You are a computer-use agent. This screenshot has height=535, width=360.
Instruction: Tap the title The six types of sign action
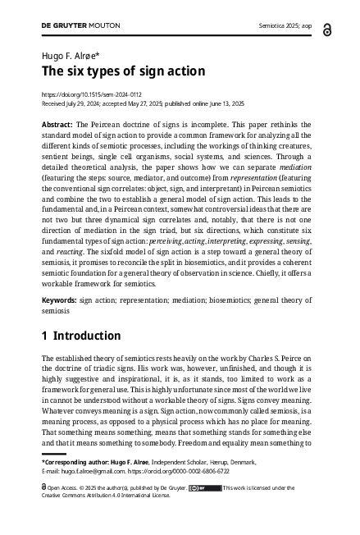123,71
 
